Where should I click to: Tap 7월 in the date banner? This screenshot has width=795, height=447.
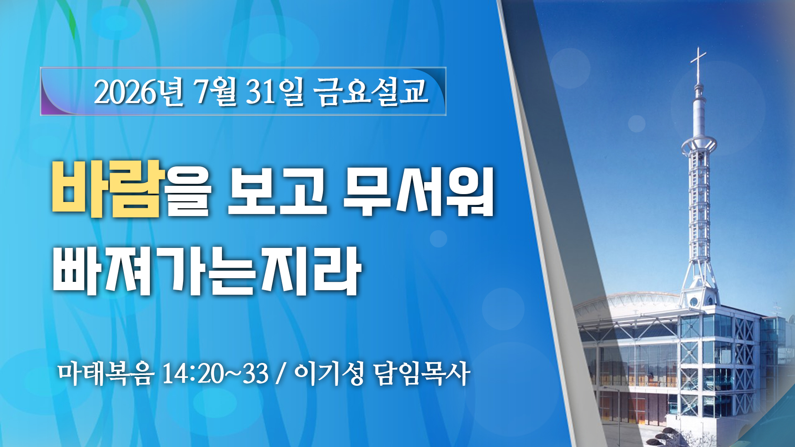[215, 92]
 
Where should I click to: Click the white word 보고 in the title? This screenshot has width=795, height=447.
[277, 191]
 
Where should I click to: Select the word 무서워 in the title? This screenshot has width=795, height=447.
[418, 191]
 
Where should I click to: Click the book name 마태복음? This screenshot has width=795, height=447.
[106, 374]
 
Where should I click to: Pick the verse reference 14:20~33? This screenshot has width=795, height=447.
[215, 374]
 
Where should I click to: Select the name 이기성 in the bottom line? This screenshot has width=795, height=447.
[329, 374]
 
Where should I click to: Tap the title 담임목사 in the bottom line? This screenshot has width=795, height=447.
[422, 374]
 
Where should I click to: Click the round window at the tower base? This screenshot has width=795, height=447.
[694, 302]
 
